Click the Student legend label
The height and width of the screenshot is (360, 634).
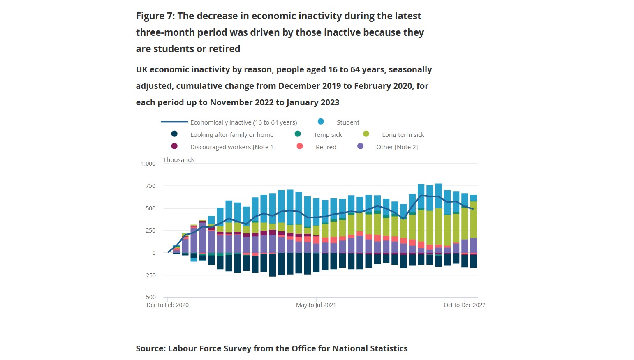348,122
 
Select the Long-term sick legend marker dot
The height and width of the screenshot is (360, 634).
366,134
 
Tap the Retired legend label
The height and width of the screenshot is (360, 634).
326,147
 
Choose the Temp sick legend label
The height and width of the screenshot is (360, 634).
327,135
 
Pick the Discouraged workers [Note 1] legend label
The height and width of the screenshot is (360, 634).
233,147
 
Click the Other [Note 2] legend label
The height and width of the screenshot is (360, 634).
397,147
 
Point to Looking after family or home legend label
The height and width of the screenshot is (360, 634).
231,135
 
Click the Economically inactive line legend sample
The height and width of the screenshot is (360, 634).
174,122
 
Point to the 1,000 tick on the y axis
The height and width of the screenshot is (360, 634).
148,164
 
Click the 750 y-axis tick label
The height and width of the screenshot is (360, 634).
150,186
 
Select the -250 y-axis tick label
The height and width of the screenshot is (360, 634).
150,275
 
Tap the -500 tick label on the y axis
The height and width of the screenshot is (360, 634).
150,297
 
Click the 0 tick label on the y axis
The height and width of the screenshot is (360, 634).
154,253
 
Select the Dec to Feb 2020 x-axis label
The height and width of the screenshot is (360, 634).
167,305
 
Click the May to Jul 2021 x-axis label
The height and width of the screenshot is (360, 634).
316,305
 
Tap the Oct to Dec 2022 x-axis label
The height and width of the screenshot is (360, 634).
464,305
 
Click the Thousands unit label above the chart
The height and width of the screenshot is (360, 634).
179,160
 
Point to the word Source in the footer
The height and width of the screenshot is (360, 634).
150,348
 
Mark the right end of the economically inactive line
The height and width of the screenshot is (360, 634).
473,209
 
